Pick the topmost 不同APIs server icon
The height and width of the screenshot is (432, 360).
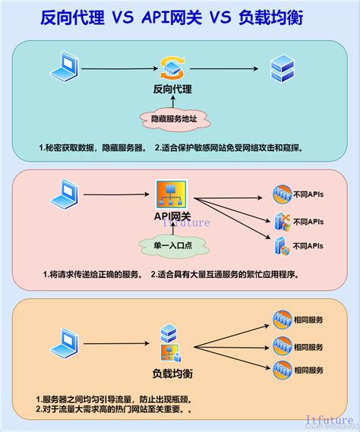click(x=282, y=195)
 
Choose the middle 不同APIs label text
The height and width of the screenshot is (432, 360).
click(x=308, y=222)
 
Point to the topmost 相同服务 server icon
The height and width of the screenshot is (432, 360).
click(x=282, y=319)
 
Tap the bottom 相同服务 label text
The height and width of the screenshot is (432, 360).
click(x=309, y=370)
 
